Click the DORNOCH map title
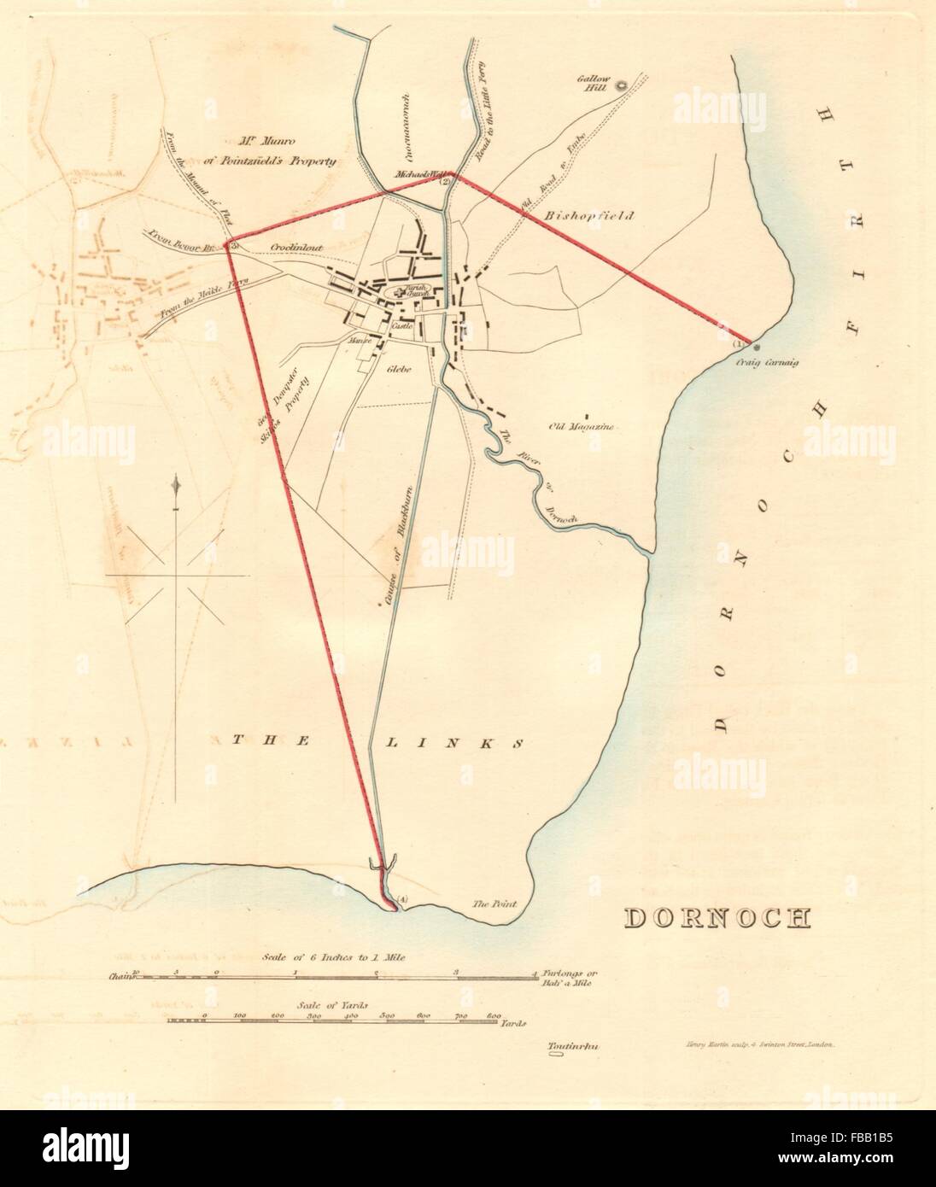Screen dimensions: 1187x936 click(717, 917)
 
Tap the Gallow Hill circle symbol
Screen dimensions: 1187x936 click(623, 84)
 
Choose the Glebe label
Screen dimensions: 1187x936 click(399, 370)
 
